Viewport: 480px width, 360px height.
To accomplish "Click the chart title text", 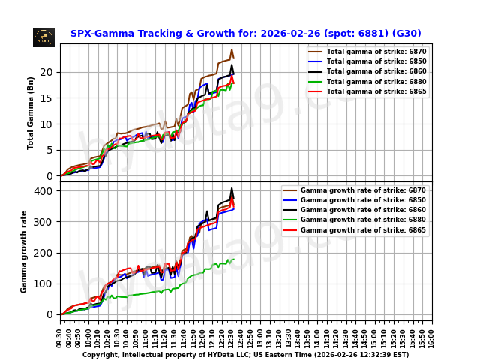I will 245,34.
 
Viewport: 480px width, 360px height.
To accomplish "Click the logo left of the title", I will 43,37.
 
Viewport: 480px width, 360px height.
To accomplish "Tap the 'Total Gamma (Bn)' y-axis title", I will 31,112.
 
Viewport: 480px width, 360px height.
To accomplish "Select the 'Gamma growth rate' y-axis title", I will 24,251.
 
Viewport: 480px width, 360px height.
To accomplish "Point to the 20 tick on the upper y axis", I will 50,73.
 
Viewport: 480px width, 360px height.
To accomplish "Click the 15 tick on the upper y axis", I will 50,98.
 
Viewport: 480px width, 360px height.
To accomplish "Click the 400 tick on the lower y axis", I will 46,191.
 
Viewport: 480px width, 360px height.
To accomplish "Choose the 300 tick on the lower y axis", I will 46,222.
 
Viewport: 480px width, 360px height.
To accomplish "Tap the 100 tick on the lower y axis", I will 46,283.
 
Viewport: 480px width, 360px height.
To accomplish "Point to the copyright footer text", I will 245,355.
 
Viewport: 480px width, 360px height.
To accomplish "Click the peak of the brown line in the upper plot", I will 232,50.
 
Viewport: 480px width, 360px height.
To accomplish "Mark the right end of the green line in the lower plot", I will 234,259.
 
